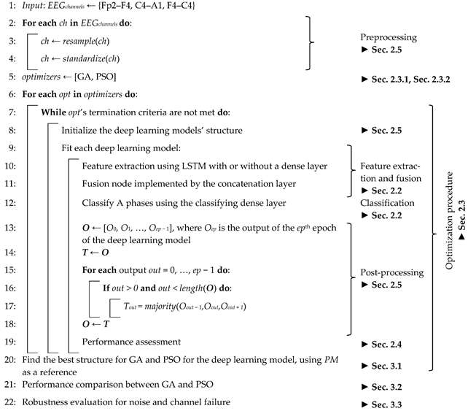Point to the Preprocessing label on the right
point(390,37)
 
